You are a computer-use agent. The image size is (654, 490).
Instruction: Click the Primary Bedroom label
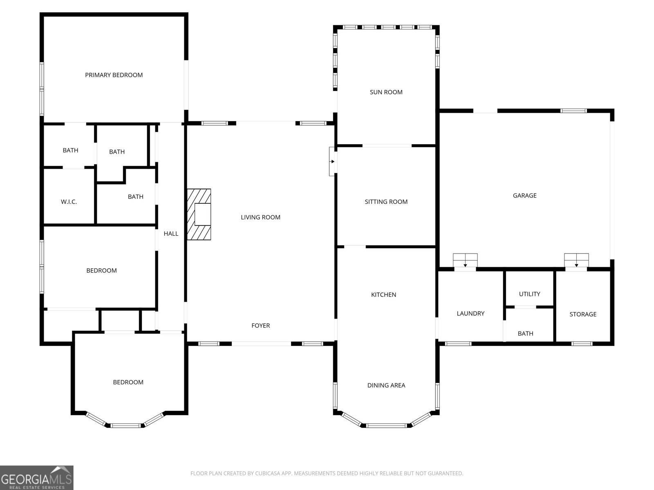(114, 75)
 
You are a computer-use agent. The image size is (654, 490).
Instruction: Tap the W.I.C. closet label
(69, 202)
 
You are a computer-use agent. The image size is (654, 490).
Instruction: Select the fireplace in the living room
(199, 214)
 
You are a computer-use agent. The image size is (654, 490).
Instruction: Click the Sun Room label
(386, 92)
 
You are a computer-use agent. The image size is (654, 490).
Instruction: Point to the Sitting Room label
(386, 202)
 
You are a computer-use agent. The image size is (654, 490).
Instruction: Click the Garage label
(524, 196)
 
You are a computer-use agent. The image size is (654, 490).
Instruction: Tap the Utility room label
(529, 294)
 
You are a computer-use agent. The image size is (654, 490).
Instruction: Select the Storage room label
(583, 314)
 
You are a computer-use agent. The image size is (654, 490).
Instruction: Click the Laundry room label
(470, 314)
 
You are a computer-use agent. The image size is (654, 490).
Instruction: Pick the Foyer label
(260, 325)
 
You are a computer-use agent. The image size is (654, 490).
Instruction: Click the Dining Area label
(386, 385)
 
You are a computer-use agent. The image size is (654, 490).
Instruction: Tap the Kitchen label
(383, 295)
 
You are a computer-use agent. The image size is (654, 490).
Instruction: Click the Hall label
(171, 234)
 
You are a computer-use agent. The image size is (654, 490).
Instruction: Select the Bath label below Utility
(525, 334)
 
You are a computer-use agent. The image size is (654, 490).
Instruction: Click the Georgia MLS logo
(37, 478)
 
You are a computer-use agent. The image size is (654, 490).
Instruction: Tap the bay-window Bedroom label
(128, 382)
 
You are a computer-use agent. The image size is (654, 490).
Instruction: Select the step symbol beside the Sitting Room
(333, 162)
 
